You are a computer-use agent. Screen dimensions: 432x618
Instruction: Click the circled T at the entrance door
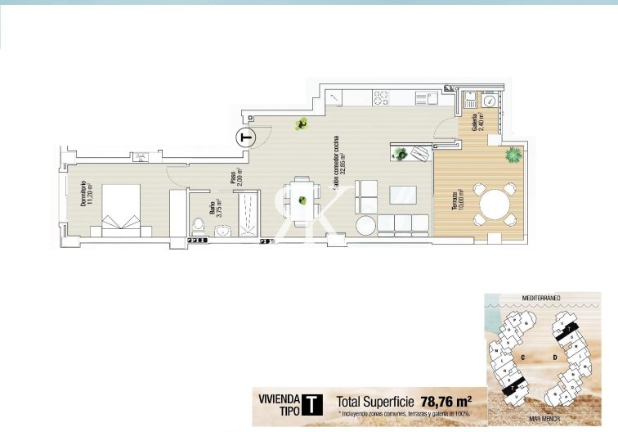[x=244, y=137]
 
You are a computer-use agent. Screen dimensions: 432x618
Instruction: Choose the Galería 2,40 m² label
[x=477, y=122]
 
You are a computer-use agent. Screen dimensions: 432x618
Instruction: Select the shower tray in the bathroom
[x=249, y=214]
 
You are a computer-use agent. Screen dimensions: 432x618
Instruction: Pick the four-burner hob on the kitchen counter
[x=383, y=98]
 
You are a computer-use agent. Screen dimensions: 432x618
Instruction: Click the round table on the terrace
[x=495, y=205]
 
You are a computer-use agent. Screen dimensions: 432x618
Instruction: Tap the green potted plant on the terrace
[x=513, y=153]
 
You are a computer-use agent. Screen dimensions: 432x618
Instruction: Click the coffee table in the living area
[x=403, y=196]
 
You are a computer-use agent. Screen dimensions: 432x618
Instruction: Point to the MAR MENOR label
[x=543, y=419]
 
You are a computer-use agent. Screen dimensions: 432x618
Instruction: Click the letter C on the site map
[x=522, y=357]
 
